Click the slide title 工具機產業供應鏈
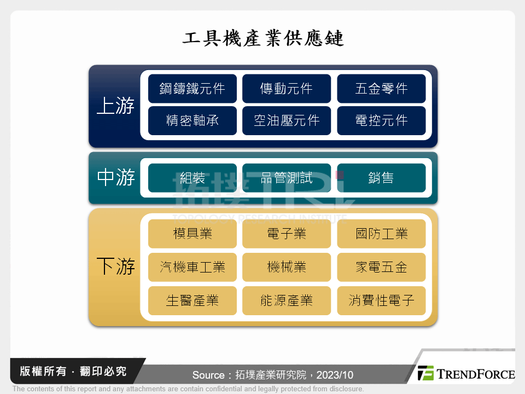point(262,39)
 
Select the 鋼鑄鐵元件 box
point(192,89)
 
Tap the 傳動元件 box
point(287,89)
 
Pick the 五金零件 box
point(381,89)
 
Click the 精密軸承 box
point(192,120)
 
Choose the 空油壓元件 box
point(287,120)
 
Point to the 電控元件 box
point(381,120)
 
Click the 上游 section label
point(115,106)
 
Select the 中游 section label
point(115,178)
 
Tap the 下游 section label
point(115,267)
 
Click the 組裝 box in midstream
point(192,178)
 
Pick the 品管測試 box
point(287,178)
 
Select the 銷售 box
point(381,178)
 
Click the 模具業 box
point(192,234)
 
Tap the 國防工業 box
point(381,234)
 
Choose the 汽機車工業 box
point(192,267)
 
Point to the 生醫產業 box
point(192,300)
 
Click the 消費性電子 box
point(381,300)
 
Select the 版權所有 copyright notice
point(73,372)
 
